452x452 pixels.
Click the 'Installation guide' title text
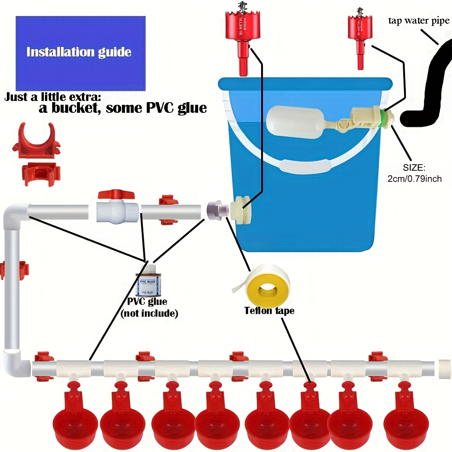(79, 52)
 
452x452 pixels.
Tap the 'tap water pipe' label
(418, 21)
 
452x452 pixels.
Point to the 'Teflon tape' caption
(269, 311)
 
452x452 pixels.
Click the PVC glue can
(148, 282)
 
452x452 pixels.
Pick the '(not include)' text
(149, 314)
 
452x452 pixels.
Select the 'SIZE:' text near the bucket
(414, 168)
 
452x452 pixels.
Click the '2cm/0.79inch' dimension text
(414, 179)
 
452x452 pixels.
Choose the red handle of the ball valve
(116, 195)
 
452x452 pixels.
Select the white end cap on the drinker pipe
(444, 369)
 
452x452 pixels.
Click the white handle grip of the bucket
(305, 166)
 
